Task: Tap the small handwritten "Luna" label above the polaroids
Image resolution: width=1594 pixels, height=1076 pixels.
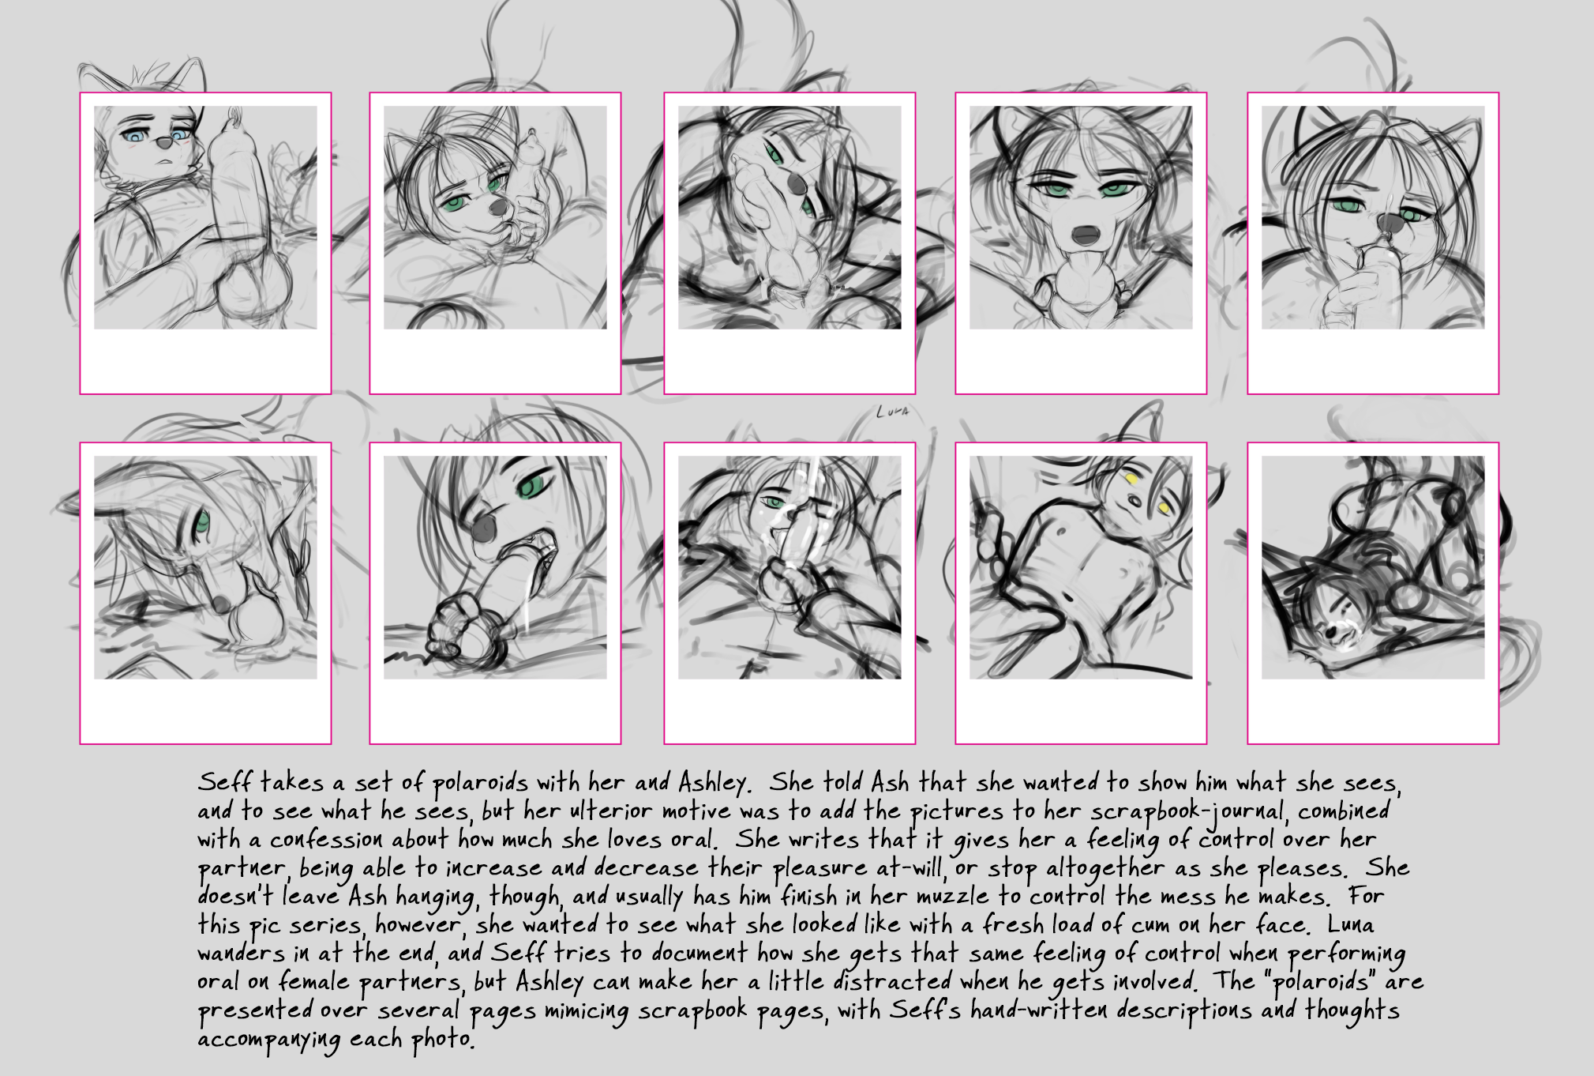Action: [893, 412]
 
